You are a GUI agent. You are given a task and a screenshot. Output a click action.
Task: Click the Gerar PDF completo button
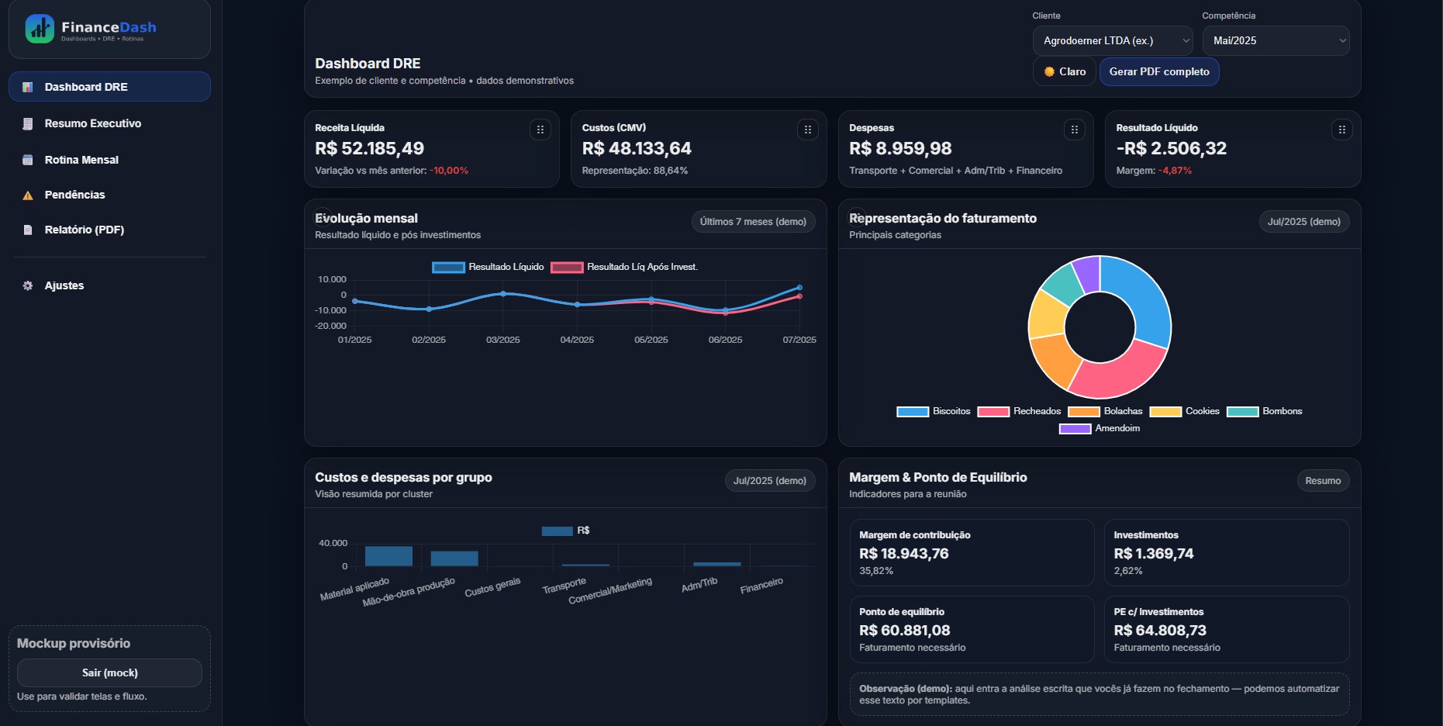pos(1158,71)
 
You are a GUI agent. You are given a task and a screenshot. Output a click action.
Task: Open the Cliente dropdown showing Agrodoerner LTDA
pos(1112,40)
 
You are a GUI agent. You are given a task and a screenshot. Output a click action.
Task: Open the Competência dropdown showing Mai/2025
pos(1275,40)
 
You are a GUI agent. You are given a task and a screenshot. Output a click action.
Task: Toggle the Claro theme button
pos(1064,71)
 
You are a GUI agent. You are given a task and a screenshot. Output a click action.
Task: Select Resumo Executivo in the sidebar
pos(92,123)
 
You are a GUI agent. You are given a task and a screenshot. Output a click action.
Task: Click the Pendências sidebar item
pos(74,195)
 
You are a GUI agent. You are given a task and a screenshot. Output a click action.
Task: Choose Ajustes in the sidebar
pos(64,285)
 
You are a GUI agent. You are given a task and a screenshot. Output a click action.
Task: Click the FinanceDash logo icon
pos(40,29)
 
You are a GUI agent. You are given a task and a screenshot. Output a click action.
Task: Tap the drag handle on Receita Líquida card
pos(540,130)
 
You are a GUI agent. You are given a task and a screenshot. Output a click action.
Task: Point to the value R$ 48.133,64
pos(636,148)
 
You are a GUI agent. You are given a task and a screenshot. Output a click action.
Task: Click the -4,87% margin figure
pos(1175,171)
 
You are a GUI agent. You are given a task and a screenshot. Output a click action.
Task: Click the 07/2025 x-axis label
pos(799,340)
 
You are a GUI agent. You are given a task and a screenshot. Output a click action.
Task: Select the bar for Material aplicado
pos(388,556)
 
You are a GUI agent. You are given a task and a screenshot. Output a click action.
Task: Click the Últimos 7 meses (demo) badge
pos(752,222)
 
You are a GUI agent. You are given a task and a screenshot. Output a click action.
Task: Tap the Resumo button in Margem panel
pos(1322,481)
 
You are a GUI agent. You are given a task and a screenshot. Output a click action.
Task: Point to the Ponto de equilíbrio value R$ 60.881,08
pos(904,631)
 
